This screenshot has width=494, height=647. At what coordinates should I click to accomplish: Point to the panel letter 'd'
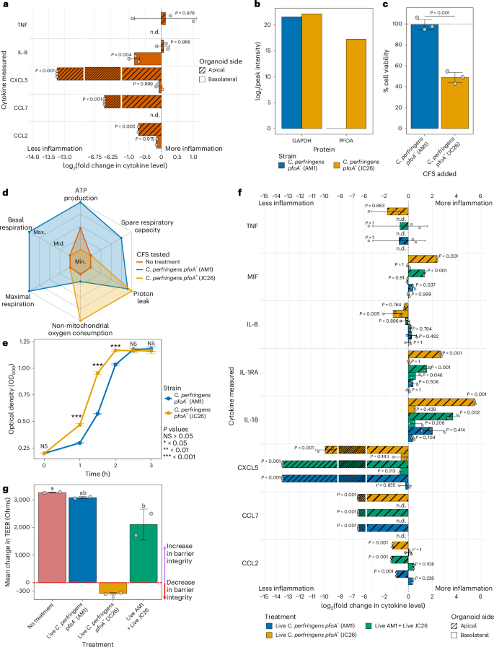6,193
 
